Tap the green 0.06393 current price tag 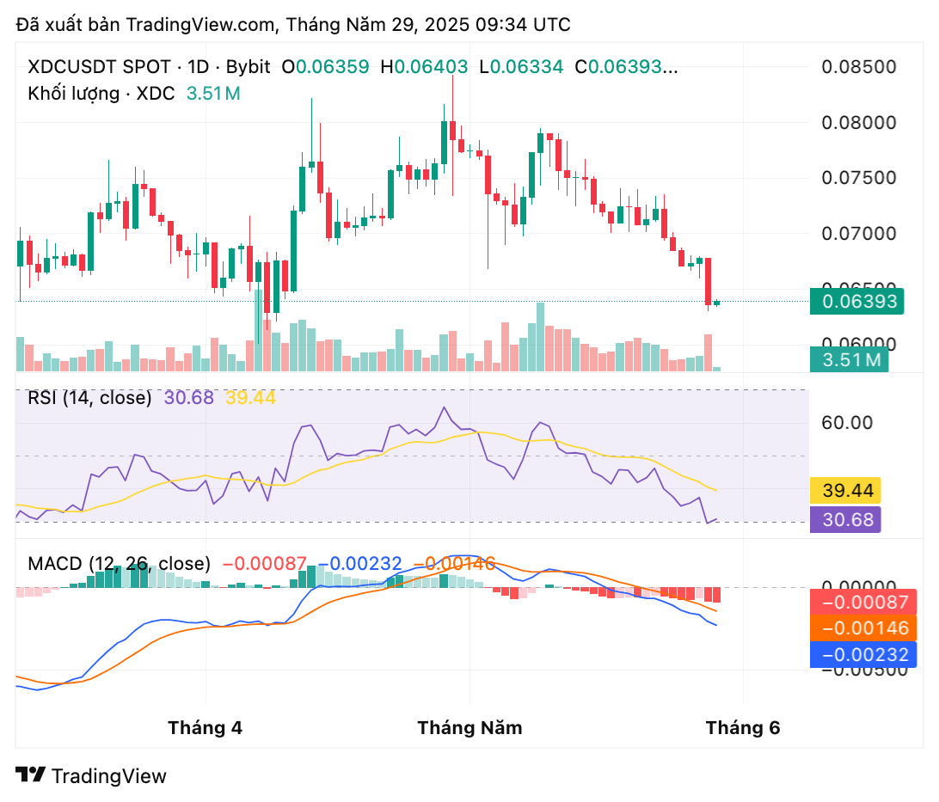pyautogui.click(x=857, y=301)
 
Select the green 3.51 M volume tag pyautogui.click(x=849, y=360)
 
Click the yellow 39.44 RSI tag pyautogui.click(x=848, y=491)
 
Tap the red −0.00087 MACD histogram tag pyautogui.click(x=862, y=602)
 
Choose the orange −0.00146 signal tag pyautogui.click(x=862, y=628)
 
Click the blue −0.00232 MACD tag pyautogui.click(x=862, y=655)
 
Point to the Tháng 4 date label pyautogui.click(x=206, y=728)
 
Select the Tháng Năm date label pyautogui.click(x=470, y=728)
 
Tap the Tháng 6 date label pyautogui.click(x=743, y=728)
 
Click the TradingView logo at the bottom pyautogui.click(x=91, y=775)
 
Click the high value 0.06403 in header pyautogui.click(x=430, y=66)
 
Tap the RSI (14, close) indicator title pyautogui.click(x=89, y=398)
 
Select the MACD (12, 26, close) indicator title pyautogui.click(x=119, y=564)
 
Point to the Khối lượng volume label pyautogui.click(x=73, y=94)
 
